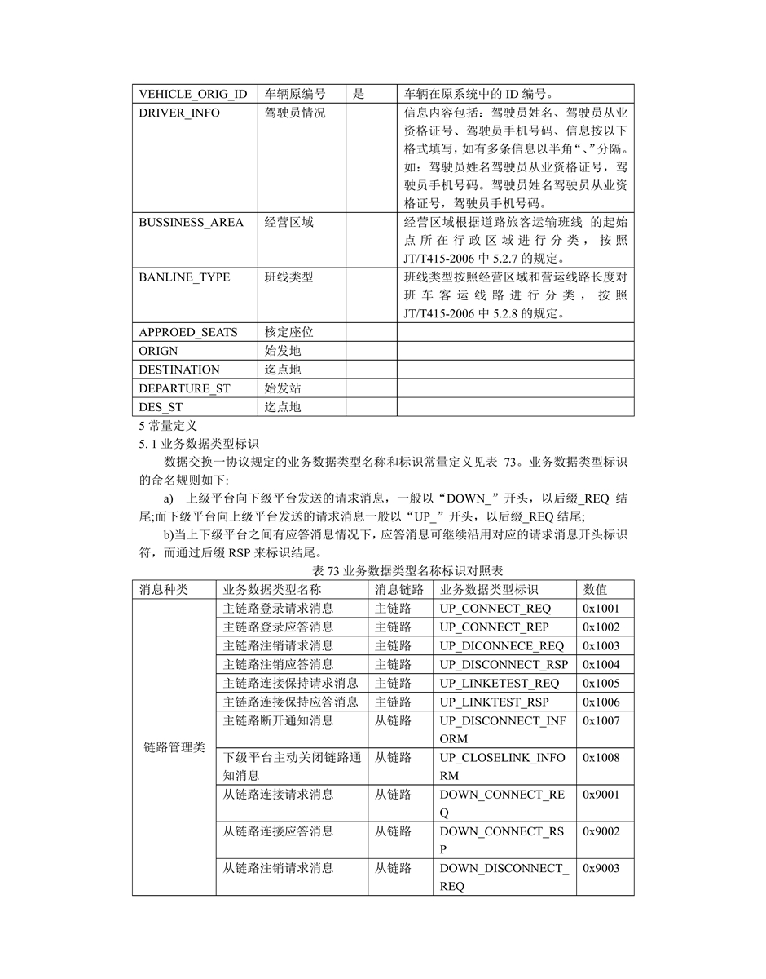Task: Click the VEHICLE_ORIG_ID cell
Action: tap(192, 94)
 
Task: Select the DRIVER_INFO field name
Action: tap(178, 113)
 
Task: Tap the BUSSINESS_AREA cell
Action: tap(191, 222)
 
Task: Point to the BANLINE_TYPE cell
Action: tap(184, 277)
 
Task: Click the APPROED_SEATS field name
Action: tap(188, 332)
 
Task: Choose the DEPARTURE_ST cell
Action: tap(184, 388)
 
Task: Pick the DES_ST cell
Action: tap(161, 407)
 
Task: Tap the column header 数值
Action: tap(595, 589)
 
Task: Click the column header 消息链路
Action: tap(399, 589)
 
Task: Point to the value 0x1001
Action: tap(601, 608)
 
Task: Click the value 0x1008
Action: tap(601, 757)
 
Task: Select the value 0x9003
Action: tap(601, 868)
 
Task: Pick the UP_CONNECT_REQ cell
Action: tap(495, 608)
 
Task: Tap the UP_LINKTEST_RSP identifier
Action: tap(494, 702)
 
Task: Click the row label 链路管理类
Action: tap(174, 746)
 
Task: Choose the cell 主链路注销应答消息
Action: tap(278, 664)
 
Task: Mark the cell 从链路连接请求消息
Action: tap(278, 794)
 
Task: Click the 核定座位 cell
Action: tap(288, 332)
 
